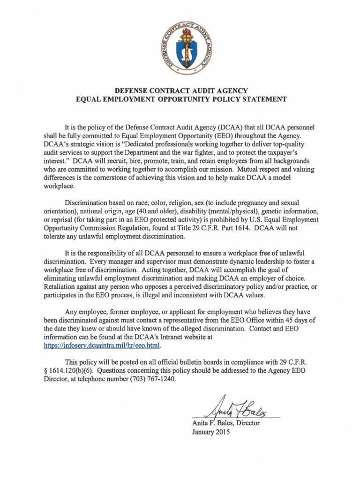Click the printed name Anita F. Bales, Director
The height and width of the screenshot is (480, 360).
coord(226,423)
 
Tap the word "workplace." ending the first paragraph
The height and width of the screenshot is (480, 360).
coord(59,186)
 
